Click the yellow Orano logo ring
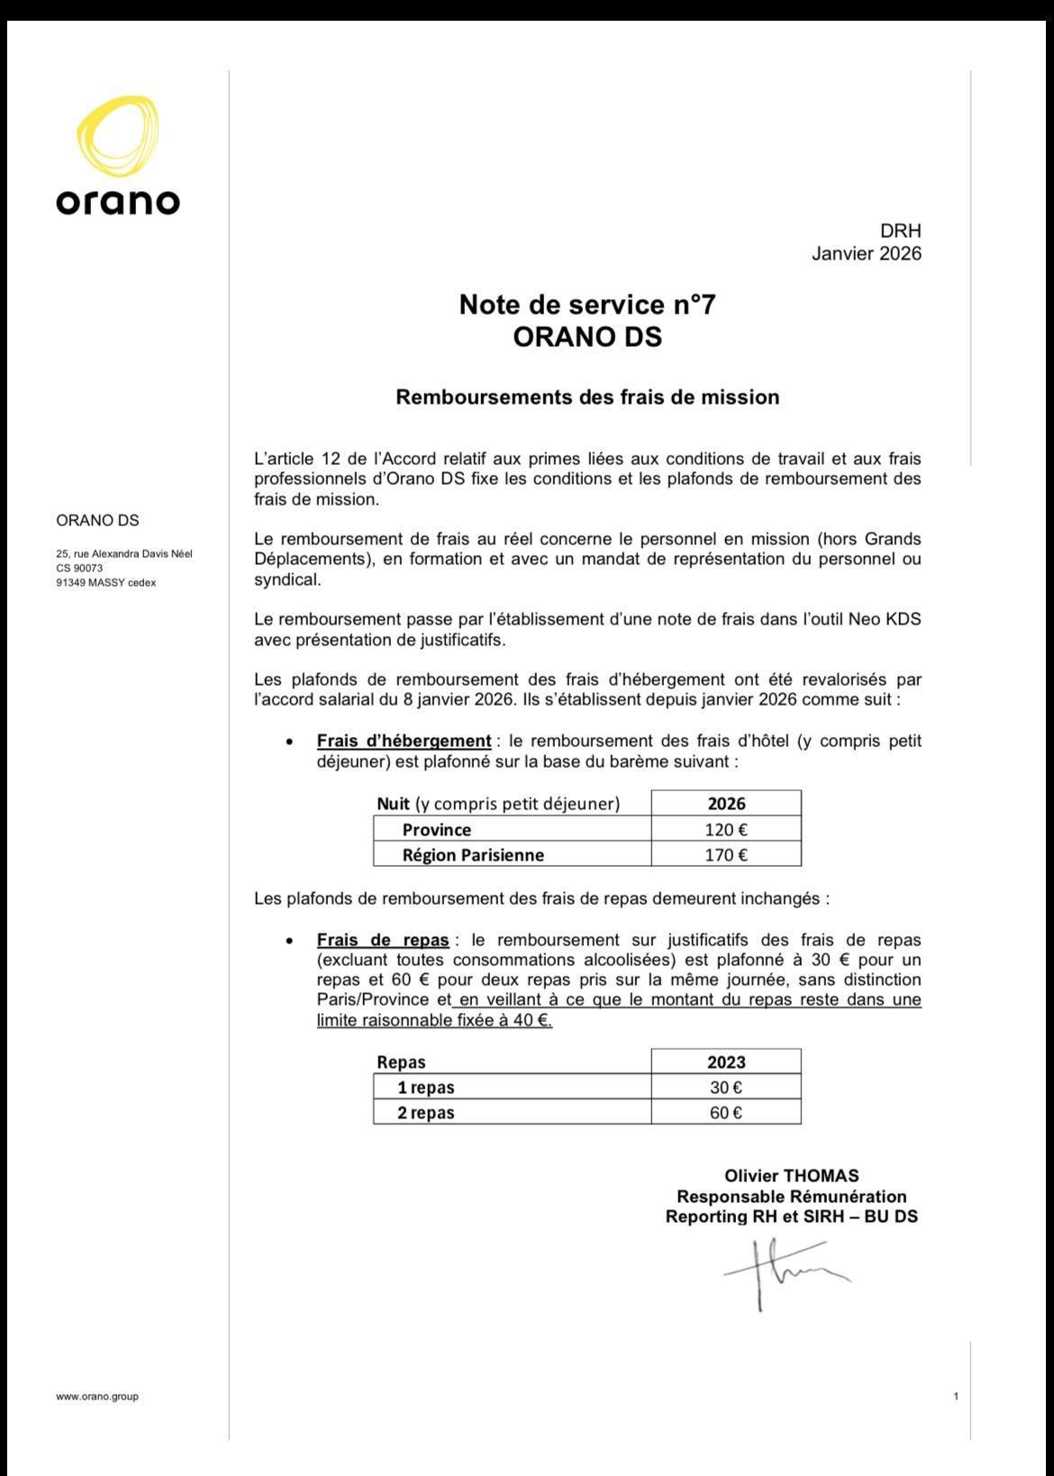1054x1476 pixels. coord(118,139)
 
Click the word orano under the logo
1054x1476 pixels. coord(118,201)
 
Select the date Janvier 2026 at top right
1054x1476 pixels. coord(866,253)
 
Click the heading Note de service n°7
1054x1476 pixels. coord(587,305)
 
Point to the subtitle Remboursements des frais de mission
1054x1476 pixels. coord(587,397)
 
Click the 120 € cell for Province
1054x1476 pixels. coord(725,829)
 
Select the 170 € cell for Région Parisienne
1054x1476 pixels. coord(725,854)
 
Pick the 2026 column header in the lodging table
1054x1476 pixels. coord(725,803)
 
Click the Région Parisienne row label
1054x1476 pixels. coord(473,854)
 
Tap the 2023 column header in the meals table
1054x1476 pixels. coord(725,1061)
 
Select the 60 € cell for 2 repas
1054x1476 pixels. coord(725,1112)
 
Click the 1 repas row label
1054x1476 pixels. coord(426,1087)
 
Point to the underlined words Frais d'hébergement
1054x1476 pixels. coord(404,741)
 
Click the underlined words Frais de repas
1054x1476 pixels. coord(383,940)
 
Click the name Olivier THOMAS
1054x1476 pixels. coord(791,1175)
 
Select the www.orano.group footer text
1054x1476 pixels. coord(97,1396)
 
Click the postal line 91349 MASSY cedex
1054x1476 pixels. coord(105,583)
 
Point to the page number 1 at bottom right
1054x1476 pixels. coord(955,1396)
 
